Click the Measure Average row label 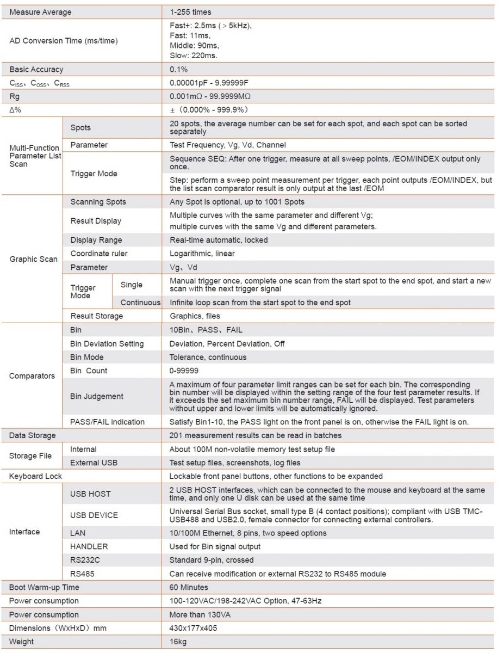point(40,12)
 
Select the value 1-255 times point(190,12)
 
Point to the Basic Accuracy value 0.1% point(178,70)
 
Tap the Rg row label point(15,96)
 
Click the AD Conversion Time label point(63,41)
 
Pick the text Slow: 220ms point(194,56)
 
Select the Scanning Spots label point(98,202)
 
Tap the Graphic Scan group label point(33,259)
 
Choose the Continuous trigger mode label point(140,303)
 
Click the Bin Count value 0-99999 point(184,371)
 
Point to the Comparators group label point(32,376)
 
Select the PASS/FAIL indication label point(108,422)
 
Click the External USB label point(94,463)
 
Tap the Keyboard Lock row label point(35,476)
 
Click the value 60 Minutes point(189,587)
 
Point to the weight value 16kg point(178,642)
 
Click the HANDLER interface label point(89,546)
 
